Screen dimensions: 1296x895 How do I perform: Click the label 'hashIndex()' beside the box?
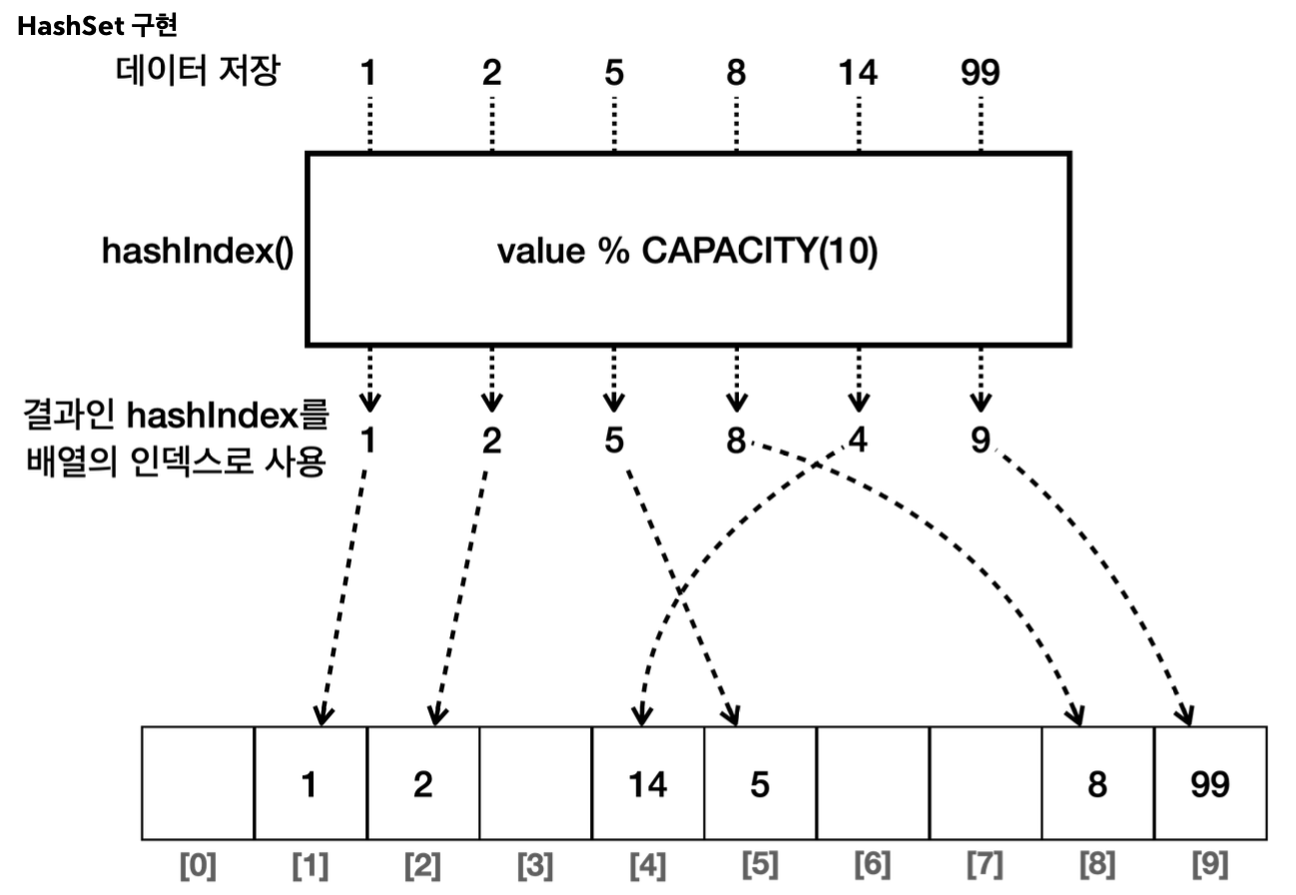point(197,252)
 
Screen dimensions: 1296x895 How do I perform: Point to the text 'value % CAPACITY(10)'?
point(687,252)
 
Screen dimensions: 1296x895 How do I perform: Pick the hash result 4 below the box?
point(858,440)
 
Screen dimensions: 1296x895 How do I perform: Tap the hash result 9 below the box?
point(980,440)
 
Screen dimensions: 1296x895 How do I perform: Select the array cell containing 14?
point(648,784)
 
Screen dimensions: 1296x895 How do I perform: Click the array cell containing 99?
point(1210,784)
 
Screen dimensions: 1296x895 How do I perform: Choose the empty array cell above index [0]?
point(199,782)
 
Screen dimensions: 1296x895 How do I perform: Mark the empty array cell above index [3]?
point(535,782)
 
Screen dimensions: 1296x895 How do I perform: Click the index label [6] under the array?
point(873,863)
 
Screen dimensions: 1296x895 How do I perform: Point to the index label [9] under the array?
point(1210,863)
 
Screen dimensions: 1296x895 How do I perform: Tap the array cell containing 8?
point(1097,784)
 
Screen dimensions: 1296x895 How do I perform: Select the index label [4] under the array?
point(648,863)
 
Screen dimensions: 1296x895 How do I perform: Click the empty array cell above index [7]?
point(985,782)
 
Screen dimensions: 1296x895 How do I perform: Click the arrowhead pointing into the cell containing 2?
point(434,715)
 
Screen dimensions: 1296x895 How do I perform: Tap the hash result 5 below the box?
point(613,440)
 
